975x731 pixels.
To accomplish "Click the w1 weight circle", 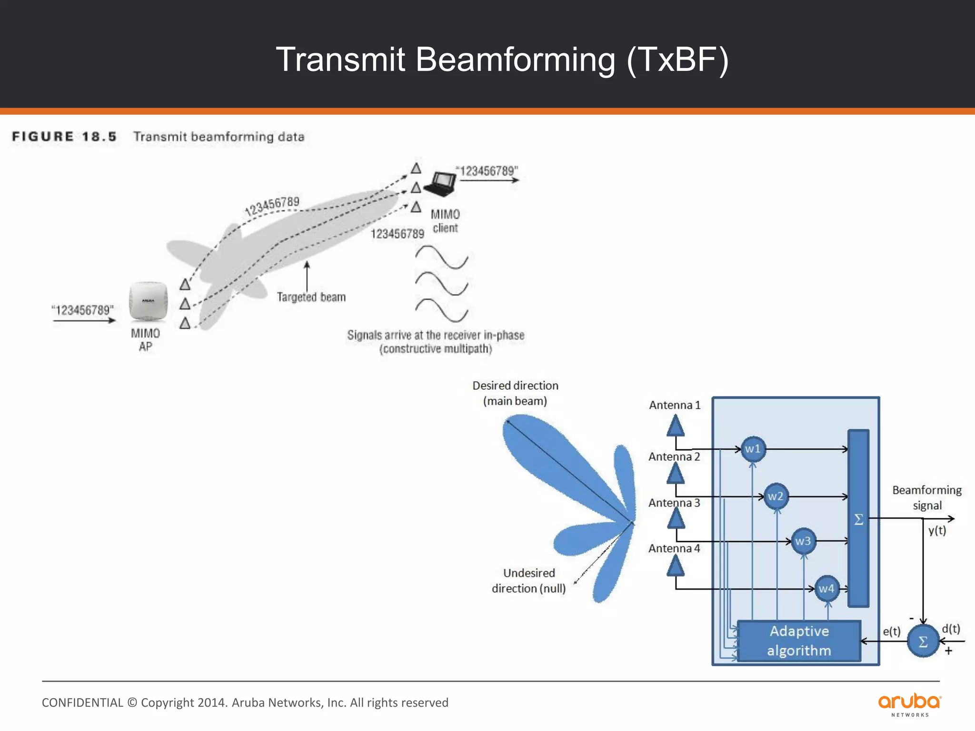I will coord(753,449).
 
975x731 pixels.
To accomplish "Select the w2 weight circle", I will coord(776,496).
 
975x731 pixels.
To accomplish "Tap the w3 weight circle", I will coord(803,541).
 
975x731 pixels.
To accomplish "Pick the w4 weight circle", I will coord(826,589).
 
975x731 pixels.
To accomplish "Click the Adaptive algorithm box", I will coord(799,641).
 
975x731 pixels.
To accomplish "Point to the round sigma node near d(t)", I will coord(923,642).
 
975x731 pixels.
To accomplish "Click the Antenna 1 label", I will coord(675,405).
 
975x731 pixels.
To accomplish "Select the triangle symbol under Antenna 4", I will coord(676,566).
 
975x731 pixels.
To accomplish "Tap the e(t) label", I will coord(891,632).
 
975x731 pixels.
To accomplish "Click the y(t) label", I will coord(937,531).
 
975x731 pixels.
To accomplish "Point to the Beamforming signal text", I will coord(926,497).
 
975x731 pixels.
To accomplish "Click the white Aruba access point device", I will coord(149,302).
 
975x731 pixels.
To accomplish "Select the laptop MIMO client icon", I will coord(441,184).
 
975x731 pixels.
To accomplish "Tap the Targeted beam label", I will coord(311,297).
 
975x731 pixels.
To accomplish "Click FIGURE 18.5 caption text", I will coord(64,137).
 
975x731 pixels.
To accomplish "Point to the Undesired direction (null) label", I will coord(528,581).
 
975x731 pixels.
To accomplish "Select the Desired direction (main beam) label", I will coord(515,393).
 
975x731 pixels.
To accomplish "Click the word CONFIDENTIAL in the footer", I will coord(82,703).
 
